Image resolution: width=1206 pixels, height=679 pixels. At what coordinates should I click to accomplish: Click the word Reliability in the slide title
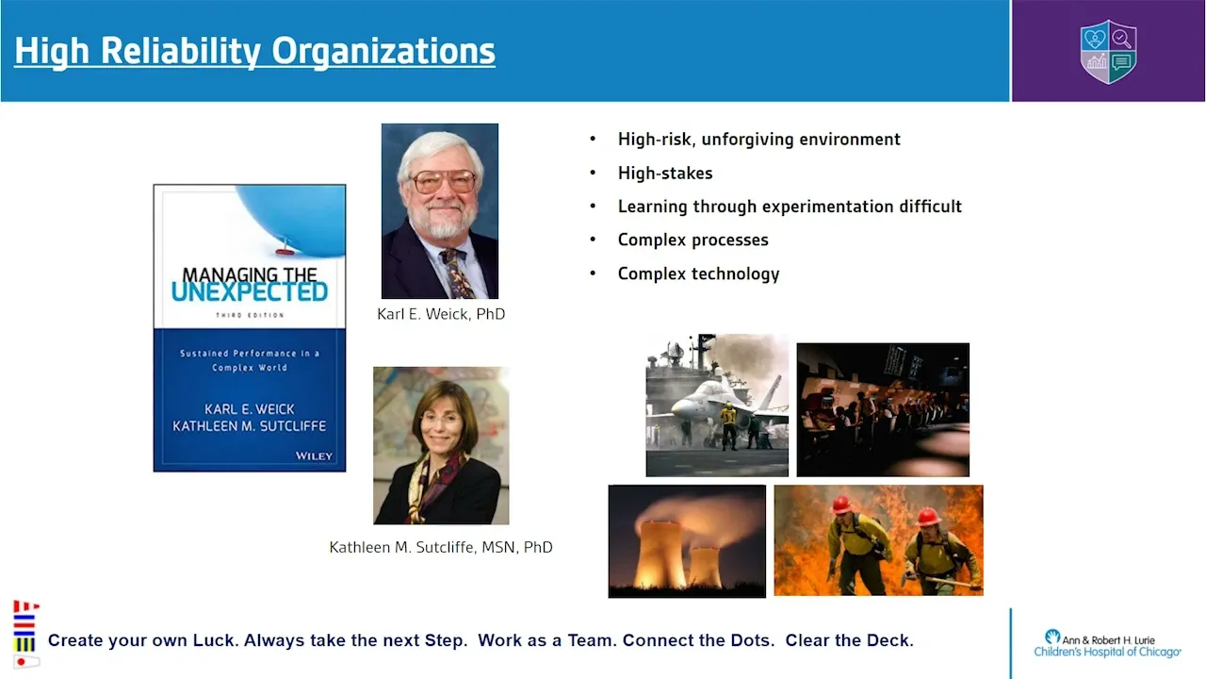coord(181,52)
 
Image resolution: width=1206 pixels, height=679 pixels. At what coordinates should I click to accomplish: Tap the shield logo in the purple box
coord(1109,52)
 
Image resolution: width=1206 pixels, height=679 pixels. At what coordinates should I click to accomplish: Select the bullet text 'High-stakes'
coord(665,173)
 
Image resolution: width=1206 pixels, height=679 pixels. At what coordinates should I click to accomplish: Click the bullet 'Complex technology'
coord(698,273)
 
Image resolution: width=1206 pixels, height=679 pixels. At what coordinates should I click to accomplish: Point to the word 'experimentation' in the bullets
coord(827,207)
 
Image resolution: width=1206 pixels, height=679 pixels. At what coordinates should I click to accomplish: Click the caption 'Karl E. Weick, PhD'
coord(441,314)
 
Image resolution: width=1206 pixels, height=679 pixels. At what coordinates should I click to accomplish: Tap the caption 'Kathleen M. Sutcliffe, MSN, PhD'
coord(441,547)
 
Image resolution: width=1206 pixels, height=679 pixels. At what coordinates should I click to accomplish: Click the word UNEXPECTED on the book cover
coord(250,292)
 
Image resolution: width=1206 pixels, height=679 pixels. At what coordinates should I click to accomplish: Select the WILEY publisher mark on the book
coord(314,455)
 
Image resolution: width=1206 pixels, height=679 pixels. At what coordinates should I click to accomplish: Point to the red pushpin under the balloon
coord(285,247)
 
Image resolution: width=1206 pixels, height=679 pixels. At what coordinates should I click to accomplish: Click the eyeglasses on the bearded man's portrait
coord(444,181)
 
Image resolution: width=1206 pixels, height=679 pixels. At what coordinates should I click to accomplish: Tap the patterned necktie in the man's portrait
coord(457,273)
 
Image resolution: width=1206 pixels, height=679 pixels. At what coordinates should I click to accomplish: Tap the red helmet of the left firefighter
coord(841,505)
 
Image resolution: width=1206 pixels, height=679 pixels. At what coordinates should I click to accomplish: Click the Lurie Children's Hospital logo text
coord(1107,645)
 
